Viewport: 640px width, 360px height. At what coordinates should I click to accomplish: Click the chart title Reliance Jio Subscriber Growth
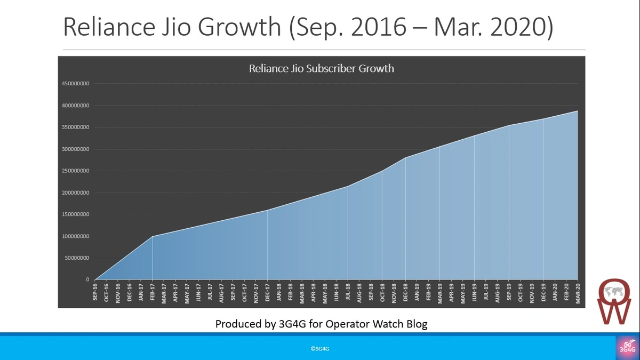click(x=321, y=69)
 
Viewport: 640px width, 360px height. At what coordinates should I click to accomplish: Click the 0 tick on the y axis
click(x=87, y=279)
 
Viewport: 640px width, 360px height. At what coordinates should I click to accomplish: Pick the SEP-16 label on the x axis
click(x=95, y=293)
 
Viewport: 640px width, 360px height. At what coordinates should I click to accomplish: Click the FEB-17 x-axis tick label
click(x=153, y=293)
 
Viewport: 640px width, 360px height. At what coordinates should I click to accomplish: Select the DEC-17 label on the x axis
click(x=267, y=293)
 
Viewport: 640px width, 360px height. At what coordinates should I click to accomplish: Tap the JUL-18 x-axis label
click(x=348, y=293)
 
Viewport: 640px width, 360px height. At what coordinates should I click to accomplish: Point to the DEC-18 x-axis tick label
click(x=405, y=293)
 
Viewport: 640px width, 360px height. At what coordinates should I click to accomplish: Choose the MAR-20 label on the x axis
click(x=578, y=293)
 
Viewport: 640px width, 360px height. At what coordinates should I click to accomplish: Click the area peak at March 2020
click(x=578, y=111)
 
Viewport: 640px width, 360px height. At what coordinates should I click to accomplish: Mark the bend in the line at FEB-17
click(x=153, y=236)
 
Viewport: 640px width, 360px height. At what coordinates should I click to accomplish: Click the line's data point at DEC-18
click(x=405, y=158)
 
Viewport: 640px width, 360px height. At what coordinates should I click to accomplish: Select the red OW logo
click(x=613, y=302)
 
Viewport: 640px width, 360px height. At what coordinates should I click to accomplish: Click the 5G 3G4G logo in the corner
click(x=627, y=347)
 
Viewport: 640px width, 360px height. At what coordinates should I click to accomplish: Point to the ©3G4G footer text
click(x=320, y=349)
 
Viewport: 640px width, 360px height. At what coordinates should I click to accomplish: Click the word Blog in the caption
click(x=415, y=324)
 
